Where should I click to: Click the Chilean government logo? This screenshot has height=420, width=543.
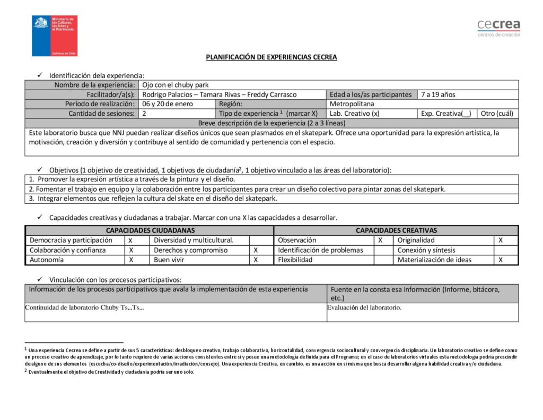pos(55,36)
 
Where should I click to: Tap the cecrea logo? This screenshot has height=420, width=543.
pos(498,28)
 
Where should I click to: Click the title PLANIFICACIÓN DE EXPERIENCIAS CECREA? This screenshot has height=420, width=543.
pos(271,57)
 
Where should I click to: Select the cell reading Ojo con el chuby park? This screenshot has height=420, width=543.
pos(176,85)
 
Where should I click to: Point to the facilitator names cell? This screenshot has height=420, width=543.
pos(220,95)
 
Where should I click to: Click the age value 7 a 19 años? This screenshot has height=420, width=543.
pos(438,95)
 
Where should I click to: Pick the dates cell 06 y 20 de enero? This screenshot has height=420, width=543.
pos(168,104)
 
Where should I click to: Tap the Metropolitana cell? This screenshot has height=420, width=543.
pos(352,104)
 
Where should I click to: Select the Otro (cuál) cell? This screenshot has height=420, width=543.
pos(497,114)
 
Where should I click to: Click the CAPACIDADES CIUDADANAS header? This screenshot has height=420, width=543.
pos(150,230)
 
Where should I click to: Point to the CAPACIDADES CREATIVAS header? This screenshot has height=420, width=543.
pos(396,230)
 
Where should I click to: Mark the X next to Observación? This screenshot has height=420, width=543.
pos(380,241)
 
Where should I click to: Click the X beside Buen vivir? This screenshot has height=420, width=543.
pos(256,260)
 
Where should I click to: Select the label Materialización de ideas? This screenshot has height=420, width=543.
pos(434,260)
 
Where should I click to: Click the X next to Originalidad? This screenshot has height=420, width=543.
pos(501,241)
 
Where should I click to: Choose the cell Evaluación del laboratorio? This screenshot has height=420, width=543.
pos(364,307)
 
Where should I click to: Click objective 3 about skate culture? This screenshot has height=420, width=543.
pos(153,199)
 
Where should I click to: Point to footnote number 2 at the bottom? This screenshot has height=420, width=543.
pos(25,372)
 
